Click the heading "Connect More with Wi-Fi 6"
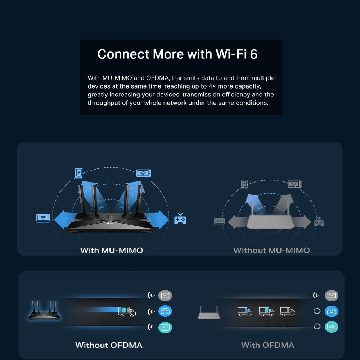(x=177, y=54)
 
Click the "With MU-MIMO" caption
(x=112, y=250)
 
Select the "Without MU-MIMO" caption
(x=271, y=250)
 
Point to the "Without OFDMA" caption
(x=109, y=345)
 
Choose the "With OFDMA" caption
(x=268, y=345)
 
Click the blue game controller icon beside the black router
(x=180, y=219)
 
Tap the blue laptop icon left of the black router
(x=43, y=218)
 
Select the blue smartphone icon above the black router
(x=79, y=173)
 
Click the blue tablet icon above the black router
(x=144, y=173)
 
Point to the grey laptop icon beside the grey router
(x=219, y=221)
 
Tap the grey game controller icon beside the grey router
(x=319, y=222)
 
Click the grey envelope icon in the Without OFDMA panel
(x=165, y=295)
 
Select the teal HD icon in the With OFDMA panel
(x=331, y=327)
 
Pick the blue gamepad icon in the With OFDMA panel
(x=331, y=311)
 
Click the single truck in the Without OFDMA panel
(x=127, y=312)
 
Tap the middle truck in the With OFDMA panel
(x=266, y=311)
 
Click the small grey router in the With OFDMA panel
(x=209, y=312)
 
